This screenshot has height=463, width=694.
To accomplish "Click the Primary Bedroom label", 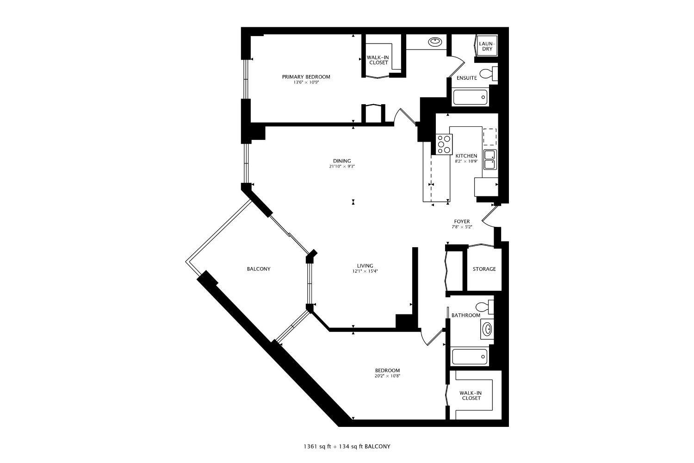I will coord(306,77).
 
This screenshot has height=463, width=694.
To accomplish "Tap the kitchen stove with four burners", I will coord(444,144).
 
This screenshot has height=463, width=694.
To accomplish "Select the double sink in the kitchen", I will coord(490,160).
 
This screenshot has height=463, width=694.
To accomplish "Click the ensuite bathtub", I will coord(470,97).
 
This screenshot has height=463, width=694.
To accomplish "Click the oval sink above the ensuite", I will coord(435,42).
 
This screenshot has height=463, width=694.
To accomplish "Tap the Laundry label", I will coord(487,46).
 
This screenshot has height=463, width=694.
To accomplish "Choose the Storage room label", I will coord(484,269).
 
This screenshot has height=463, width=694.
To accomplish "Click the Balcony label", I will coord(259,269).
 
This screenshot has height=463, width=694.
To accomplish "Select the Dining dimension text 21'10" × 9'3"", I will coord(342,166).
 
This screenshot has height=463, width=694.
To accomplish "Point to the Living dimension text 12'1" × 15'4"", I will coord(365,271).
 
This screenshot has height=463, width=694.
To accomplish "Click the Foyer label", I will coord(462,222).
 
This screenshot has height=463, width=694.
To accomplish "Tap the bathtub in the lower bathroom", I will coord(470,357).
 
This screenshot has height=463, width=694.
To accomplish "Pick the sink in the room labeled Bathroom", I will coord(487,329).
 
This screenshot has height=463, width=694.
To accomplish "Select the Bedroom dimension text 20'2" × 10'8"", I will coord(387,376).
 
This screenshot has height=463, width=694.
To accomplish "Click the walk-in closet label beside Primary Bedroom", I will coord(378,60).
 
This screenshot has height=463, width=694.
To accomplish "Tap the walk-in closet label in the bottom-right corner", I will coord(470,395).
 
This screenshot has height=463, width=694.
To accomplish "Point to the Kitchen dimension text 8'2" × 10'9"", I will coord(466,162).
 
